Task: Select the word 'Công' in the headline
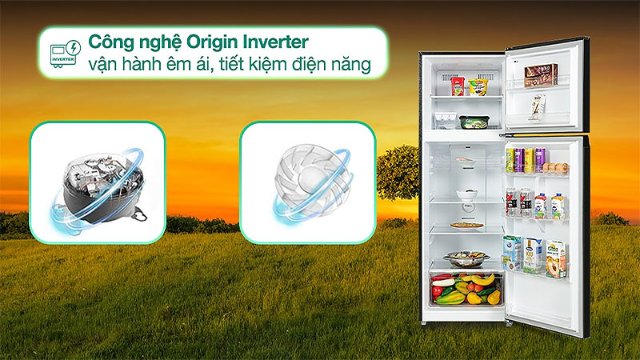(x=110, y=42)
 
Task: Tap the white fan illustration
(x=306, y=182)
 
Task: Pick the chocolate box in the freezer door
(x=541, y=75)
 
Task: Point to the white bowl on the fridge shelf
(x=466, y=194)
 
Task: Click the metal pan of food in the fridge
(x=465, y=258)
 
